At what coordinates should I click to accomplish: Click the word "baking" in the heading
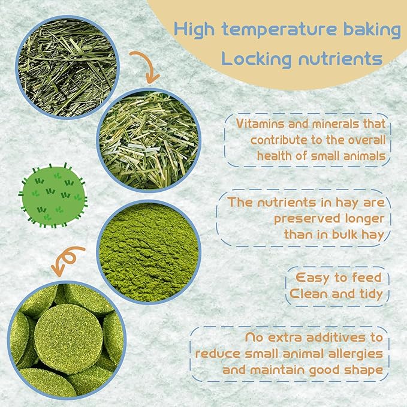coord(372,30)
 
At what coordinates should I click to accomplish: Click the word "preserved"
coord(307,219)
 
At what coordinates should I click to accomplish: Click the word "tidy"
coord(371,294)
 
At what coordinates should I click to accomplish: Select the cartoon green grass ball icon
coord(53,195)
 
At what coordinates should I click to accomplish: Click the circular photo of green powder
coord(149,252)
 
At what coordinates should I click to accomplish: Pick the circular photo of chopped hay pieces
coord(149,140)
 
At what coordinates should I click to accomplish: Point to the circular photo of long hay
coord(68,67)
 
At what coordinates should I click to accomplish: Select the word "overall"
coord(366,140)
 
